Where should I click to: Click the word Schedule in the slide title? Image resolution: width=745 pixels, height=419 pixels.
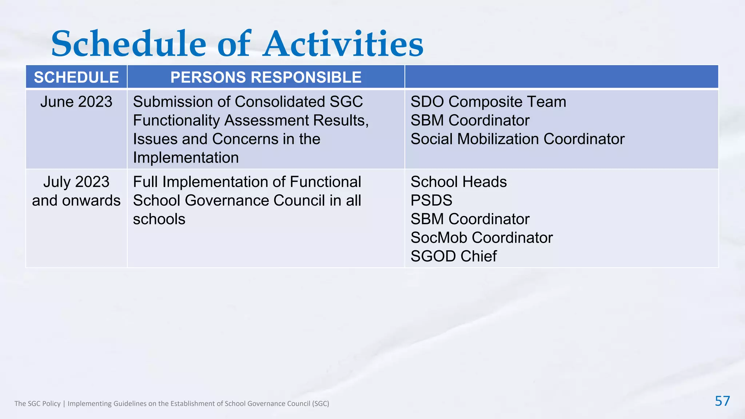click(129, 44)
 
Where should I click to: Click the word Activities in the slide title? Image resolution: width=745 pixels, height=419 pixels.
click(343, 44)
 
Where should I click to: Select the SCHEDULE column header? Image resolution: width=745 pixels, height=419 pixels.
click(76, 77)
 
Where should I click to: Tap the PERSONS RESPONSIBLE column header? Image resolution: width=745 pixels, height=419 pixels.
click(266, 77)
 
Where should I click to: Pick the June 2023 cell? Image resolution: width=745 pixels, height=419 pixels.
click(76, 102)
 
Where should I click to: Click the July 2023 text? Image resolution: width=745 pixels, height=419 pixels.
click(76, 182)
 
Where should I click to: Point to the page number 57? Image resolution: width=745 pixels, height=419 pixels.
click(722, 401)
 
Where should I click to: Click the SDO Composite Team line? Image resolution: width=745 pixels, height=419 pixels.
click(488, 102)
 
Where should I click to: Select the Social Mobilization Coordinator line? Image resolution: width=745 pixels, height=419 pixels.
click(517, 139)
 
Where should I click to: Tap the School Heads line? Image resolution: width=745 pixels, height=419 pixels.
click(458, 182)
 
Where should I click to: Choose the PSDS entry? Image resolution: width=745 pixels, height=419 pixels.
click(431, 200)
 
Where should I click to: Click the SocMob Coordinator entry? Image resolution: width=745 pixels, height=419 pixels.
click(482, 238)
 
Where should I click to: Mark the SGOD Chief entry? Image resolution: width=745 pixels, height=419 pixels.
click(454, 256)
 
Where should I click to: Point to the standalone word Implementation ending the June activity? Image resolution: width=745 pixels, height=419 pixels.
click(186, 157)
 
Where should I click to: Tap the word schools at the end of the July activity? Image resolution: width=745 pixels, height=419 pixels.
click(159, 219)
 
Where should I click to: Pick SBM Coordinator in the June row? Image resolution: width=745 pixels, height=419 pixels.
click(470, 120)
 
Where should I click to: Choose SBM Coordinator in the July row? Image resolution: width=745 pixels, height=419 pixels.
click(470, 219)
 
